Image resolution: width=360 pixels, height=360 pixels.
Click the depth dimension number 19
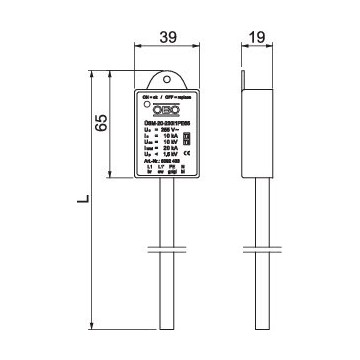[x=255, y=38]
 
